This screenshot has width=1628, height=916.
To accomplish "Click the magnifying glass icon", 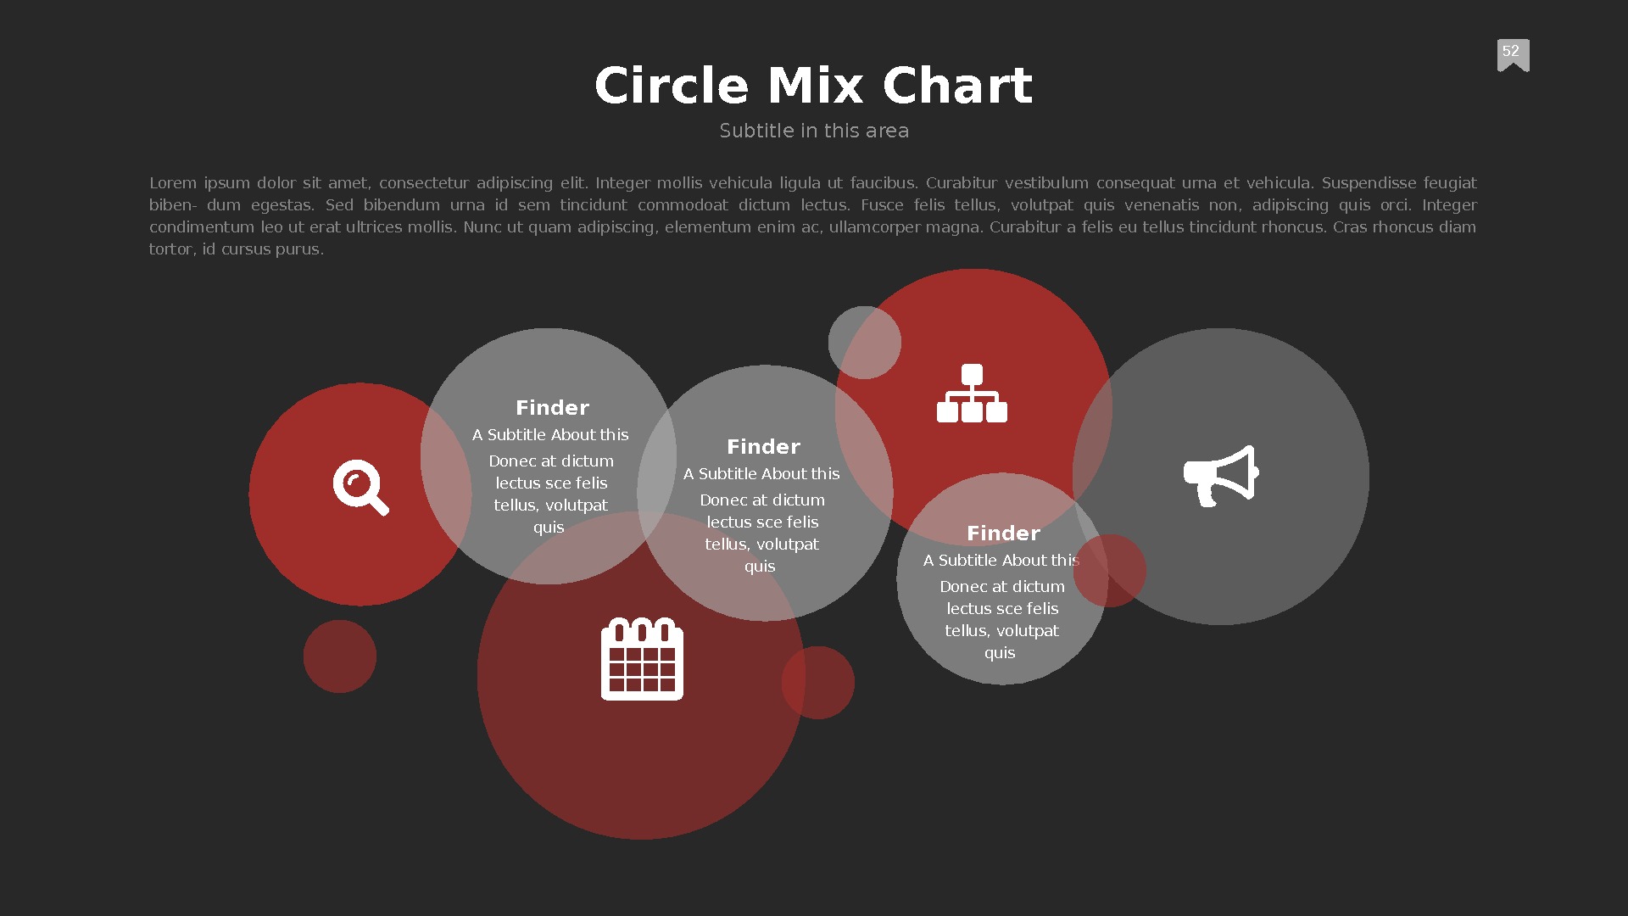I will (x=360, y=488).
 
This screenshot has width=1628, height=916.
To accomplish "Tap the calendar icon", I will (x=642, y=659).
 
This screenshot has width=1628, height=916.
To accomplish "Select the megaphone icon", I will (x=1221, y=476).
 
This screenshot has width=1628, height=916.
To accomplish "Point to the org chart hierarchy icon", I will (x=972, y=394).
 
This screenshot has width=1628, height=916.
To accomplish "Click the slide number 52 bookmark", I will (x=1513, y=54).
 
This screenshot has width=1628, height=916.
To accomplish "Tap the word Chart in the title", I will (x=957, y=86).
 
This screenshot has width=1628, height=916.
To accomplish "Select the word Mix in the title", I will (x=816, y=86).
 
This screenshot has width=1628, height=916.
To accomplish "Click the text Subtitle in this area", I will (x=814, y=131).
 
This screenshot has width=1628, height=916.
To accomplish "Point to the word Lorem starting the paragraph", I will (x=173, y=183).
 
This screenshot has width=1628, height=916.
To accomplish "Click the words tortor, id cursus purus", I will (x=237, y=249).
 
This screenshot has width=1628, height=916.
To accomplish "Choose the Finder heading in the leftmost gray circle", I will (x=552, y=408).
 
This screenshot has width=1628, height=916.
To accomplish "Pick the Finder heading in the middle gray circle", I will (x=763, y=447).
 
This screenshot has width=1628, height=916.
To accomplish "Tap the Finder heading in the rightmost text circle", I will (x=1003, y=533).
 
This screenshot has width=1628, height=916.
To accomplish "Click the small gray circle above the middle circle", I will (x=864, y=342).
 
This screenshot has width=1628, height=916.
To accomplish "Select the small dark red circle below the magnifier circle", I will (x=339, y=656).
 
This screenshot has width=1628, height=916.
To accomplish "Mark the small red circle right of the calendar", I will (x=818, y=683).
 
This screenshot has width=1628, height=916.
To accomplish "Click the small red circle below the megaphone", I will (x=1110, y=571).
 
